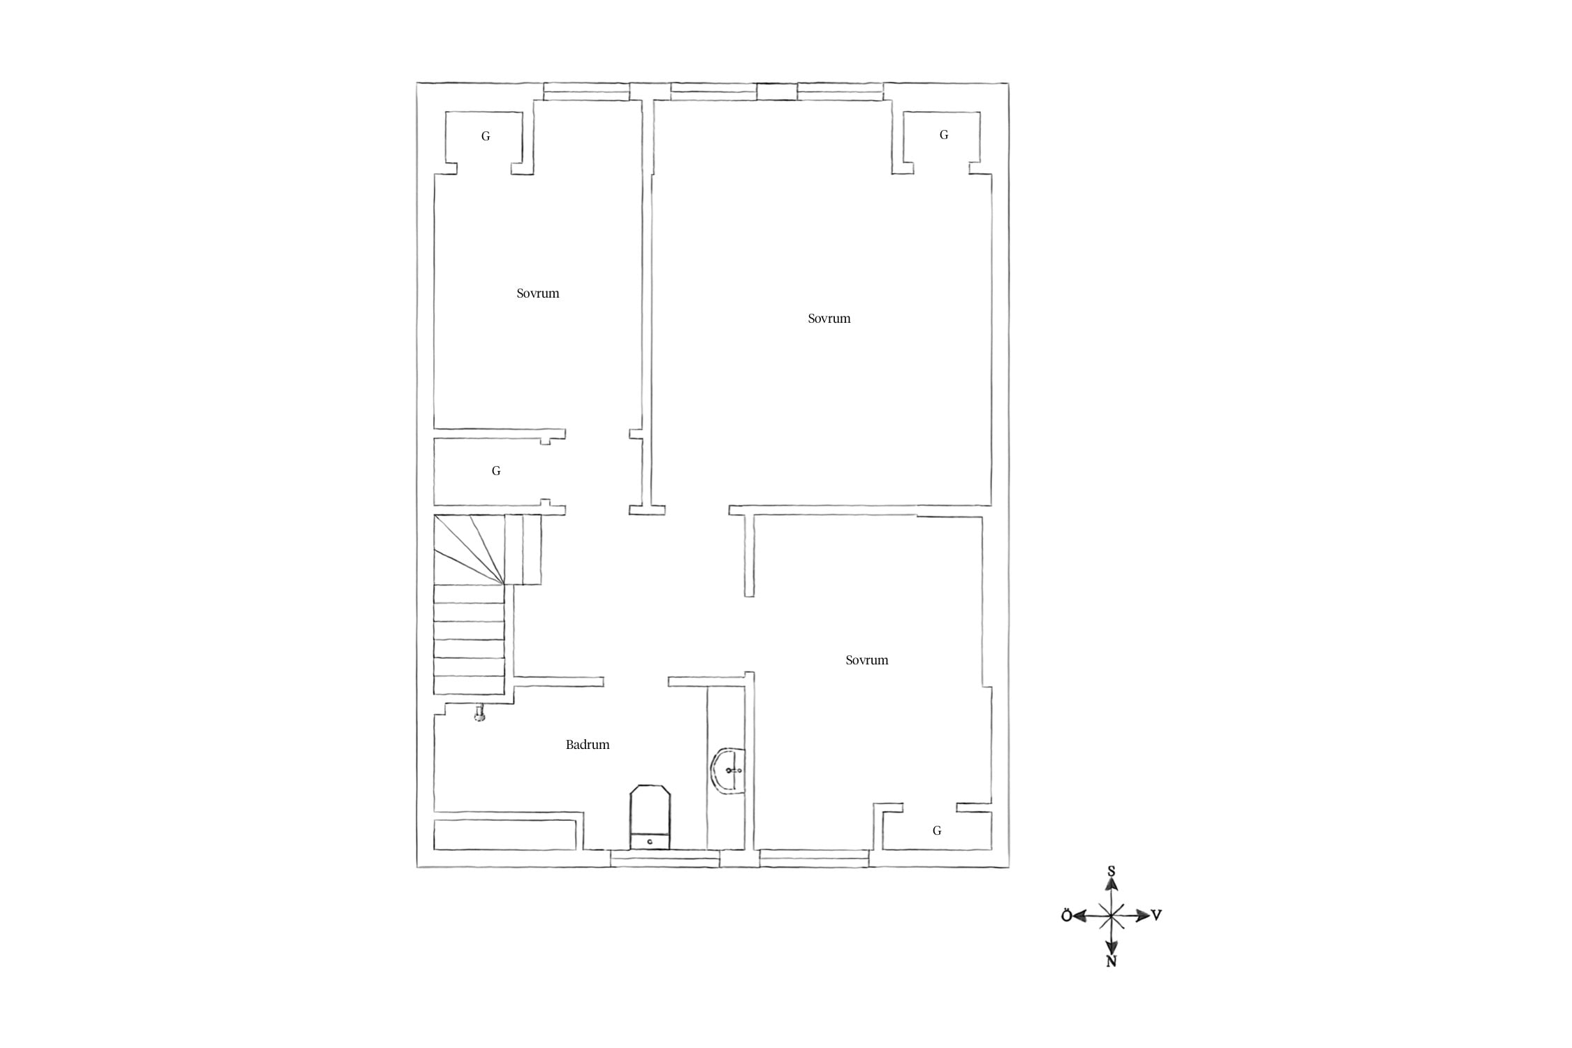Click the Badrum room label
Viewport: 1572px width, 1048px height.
click(x=588, y=745)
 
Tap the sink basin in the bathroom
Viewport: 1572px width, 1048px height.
click(x=728, y=771)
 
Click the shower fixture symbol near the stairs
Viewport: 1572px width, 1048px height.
click(x=479, y=713)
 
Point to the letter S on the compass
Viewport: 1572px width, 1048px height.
click(x=1111, y=871)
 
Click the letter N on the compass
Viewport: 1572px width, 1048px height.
click(x=1111, y=961)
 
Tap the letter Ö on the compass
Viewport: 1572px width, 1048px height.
click(x=1066, y=916)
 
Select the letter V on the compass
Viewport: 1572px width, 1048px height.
click(x=1157, y=915)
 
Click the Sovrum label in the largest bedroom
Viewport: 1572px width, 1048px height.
click(x=829, y=319)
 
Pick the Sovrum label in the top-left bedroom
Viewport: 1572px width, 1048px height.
click(x=538, y=293)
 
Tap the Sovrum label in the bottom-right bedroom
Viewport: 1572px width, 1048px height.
click(x=867, y=660)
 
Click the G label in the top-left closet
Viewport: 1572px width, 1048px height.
click(x=486, y=136)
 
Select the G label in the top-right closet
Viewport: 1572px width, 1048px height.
click(x=944, y=135)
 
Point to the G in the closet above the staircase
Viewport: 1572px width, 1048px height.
click(x=496, y=471)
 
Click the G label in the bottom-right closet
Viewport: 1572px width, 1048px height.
click(x=937, y=831)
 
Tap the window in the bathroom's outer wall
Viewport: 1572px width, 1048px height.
click(x=664, y=859)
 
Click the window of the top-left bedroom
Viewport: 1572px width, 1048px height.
click(x=587, y=92)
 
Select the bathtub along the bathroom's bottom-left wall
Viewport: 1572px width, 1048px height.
click(x=505, y=835)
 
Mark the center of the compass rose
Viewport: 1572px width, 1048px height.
click(x=1111, y=915)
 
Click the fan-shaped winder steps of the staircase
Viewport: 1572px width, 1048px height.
click(x=469, y=549)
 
